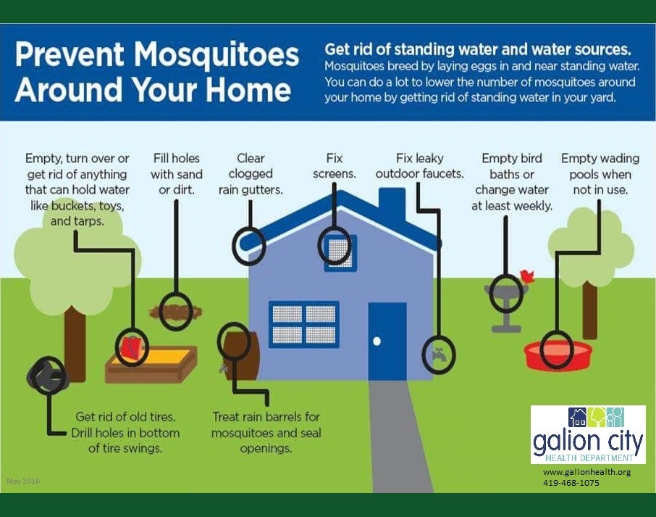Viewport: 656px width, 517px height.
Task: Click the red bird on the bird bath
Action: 527,276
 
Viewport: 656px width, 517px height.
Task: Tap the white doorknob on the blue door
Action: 377,341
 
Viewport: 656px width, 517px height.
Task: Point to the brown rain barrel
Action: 241,355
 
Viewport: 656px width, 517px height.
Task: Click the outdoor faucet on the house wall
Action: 439,355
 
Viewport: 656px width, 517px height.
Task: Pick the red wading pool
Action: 558,355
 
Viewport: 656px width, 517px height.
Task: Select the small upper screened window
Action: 340,252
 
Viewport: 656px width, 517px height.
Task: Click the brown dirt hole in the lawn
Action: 176,312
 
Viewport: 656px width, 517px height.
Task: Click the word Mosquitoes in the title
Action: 216,54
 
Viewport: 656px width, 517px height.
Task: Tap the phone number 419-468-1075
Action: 571,483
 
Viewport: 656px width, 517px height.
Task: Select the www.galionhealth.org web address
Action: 586,472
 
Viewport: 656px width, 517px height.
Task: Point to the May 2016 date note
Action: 23,481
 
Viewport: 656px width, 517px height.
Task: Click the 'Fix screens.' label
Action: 335,166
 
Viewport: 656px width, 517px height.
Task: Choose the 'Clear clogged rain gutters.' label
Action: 251,174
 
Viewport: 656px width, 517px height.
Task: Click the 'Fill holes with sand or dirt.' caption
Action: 177,174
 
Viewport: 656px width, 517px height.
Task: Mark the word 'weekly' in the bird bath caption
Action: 531,206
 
